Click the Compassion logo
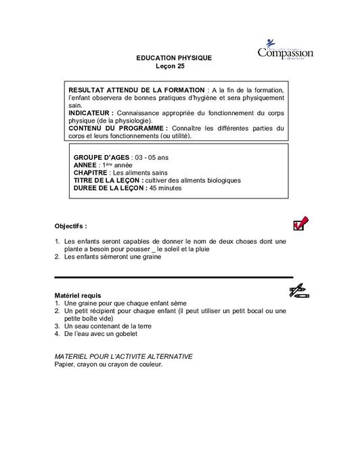(x=284, y=54)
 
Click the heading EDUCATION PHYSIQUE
(x=174, y=58)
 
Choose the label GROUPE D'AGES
(x=100, y=157)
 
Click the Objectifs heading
(x=70, y=226)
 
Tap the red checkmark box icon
(x=298, y=224)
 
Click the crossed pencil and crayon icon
(x=298, y=292)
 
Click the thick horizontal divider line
(x=173, y=277)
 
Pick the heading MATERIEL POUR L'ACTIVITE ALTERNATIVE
(x=122, y=356)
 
